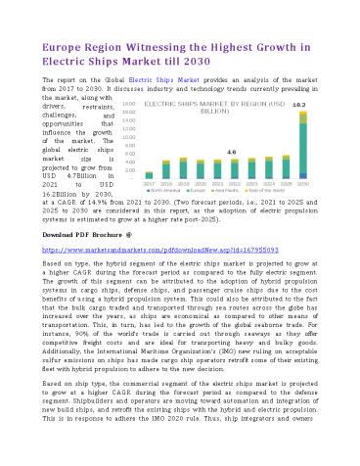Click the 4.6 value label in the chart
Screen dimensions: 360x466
pyautogui.click(x=231, y=153)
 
